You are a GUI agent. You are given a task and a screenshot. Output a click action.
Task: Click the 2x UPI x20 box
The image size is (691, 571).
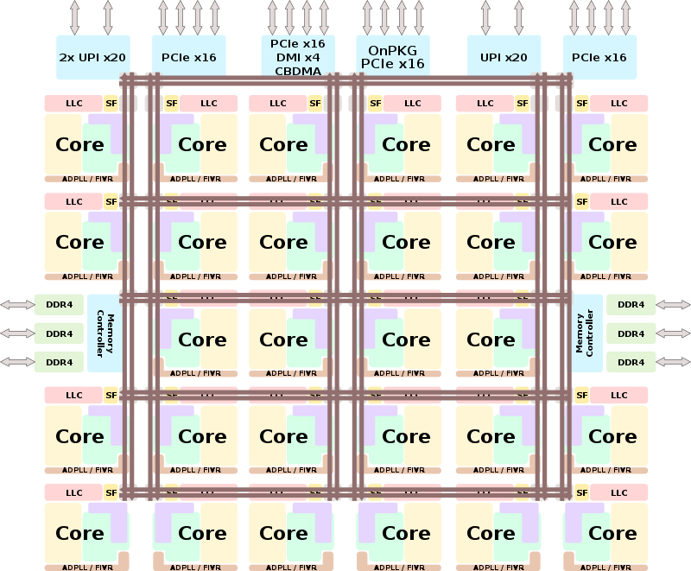(x=92, y=58)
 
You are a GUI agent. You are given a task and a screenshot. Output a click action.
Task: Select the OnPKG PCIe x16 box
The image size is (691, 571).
(x=393, y=57)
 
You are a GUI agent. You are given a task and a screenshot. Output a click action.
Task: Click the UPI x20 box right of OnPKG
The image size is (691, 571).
(x=504, y=58)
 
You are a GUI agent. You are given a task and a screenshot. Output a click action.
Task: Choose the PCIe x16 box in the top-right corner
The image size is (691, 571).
(x=599, y=58)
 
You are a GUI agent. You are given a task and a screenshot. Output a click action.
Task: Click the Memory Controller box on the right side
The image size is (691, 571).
(x=586, y=333)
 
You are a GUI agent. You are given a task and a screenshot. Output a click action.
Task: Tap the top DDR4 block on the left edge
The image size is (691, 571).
(x=59, y=304)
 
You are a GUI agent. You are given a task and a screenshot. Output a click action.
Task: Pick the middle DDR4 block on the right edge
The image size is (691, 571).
(x=631, y=333)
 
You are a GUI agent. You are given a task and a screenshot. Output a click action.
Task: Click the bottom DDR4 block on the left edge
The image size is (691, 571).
(x=59, y=362)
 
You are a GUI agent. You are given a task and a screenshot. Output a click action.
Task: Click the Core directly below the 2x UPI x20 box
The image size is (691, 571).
(x=79, y=144)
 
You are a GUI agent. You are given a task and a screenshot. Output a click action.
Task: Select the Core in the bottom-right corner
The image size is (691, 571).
(x=612, y=533)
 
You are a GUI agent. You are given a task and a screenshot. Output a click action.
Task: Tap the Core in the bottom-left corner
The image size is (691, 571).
(x=79, y=533)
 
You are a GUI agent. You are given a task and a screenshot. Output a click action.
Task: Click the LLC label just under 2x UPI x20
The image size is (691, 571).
(x=74, y=104)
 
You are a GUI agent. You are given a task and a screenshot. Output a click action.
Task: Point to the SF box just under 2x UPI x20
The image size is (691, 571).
(x=111, y=104)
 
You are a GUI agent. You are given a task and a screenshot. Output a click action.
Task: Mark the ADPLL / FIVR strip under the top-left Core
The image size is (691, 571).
(x=86, y=179)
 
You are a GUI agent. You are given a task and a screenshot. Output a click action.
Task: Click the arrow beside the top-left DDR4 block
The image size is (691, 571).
(x=16, y=304)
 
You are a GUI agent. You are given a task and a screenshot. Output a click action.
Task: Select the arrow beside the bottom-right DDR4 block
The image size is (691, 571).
(x=674, y=362)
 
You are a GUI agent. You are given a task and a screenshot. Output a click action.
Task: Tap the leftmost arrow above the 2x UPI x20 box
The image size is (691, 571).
(x=74, y=17)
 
